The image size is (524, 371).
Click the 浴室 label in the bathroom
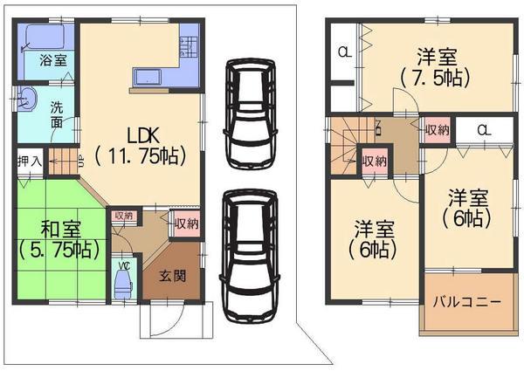[x=54, y=60]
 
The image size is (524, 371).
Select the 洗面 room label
[x=56, y=115]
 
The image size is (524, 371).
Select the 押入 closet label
[x=29, y=161]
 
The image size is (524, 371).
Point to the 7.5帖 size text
[x=434, y=78]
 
